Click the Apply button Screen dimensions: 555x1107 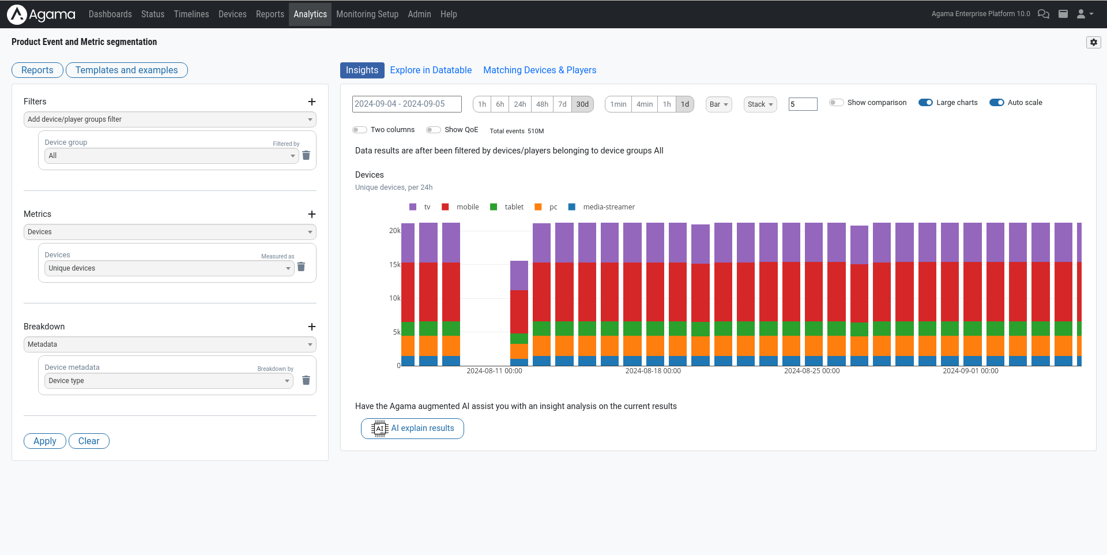pos(44,441)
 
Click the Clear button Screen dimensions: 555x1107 pos(89,441)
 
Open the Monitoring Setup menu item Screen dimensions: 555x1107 pos(367,14)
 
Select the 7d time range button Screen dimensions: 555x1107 pos(562,104)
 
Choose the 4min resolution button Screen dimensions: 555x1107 pos(644,104)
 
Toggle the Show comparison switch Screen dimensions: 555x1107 pos(836,103)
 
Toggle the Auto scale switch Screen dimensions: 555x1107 pos(996,103)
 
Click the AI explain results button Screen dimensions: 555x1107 pos(412,429)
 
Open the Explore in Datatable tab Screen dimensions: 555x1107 pos(431,70)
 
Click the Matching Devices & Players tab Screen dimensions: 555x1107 pos(540,70)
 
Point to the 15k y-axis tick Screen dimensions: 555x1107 pos(394,265)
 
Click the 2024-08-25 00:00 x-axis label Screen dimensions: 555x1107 pos(811,371)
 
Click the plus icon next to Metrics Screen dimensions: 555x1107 pos(312,214)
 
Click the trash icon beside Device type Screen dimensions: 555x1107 pos(306,381)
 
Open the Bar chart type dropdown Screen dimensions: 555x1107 pos(718,104)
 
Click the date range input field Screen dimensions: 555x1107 pos(406,104)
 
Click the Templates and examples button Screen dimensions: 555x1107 pos(126,70)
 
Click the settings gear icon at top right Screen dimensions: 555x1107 pos(1093,42)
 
